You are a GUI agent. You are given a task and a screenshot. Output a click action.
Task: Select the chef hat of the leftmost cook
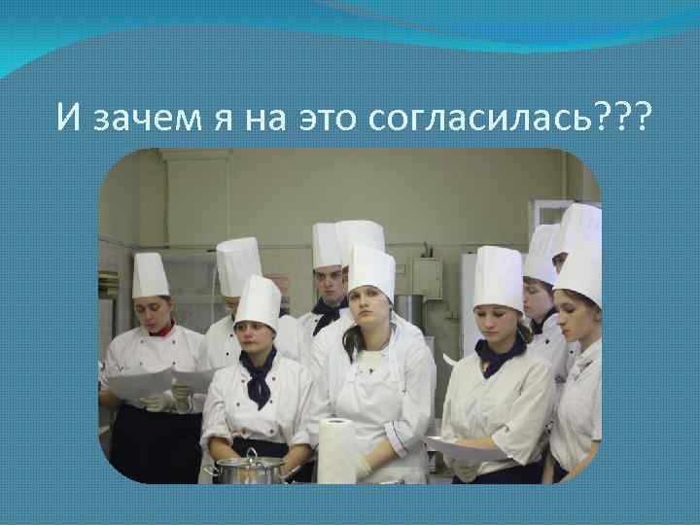point(150,275)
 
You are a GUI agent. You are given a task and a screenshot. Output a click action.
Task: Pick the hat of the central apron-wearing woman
point(371,270)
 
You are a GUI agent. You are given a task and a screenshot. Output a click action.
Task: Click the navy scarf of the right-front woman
point(500,354)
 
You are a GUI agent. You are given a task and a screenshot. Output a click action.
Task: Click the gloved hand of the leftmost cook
point(156,401)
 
